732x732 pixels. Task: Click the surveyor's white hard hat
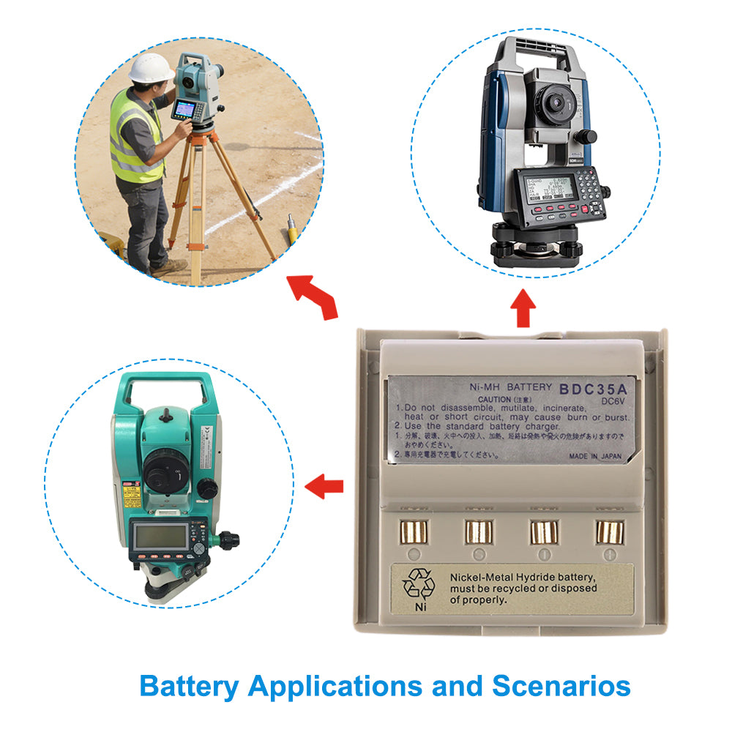pos(151,67)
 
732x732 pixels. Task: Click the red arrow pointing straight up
pos(522,307)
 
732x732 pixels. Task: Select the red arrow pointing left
pos(324,485)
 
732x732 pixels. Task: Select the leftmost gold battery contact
pos(412,531)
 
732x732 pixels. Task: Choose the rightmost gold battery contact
pos(608,531)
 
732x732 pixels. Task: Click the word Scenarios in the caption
pos(561,687)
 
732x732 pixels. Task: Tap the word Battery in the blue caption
pos(189,687)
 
